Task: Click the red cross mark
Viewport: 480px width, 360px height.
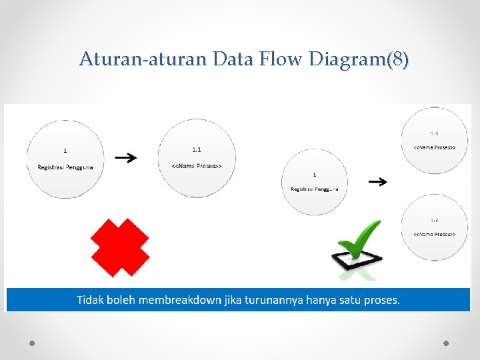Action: tap(119, 247)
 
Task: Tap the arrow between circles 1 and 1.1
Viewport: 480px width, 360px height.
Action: tap(125, 158)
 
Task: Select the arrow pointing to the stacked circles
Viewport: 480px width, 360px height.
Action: tap(378, 181)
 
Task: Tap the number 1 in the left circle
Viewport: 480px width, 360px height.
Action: tap(65, 150)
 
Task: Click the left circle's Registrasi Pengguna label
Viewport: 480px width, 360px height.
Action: tap(65, 166)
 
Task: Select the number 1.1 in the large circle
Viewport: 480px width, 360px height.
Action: tap(197, 149)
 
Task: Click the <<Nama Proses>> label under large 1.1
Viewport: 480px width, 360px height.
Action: tap(197, 165)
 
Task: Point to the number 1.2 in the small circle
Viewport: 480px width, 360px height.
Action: tap(434, 219)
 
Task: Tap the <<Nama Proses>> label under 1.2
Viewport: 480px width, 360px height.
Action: tap(434, 235)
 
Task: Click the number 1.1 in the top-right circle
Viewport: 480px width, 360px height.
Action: tap(434, 133)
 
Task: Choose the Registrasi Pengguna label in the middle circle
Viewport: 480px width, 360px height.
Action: tap(314, 189)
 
